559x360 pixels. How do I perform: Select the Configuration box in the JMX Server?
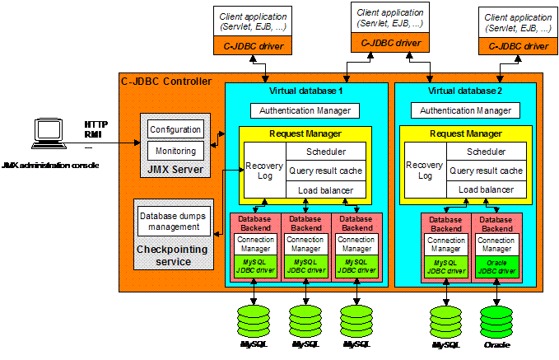[x=175, y=129]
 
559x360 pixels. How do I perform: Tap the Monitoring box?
[x=175, y=151]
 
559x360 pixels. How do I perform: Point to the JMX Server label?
[x=175, y=169]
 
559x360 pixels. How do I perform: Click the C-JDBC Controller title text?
[x=165, y=82]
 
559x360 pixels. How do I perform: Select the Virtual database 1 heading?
[x=306, y=90]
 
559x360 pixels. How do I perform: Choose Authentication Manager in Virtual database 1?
[x=305, y=110]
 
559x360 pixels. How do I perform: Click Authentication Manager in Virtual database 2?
[x=465, y=110]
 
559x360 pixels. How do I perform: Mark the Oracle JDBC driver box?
[x=496, y=265]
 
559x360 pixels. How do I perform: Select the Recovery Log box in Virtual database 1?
[x=263, y=171]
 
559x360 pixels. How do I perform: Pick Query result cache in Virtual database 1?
[x=325, y=171]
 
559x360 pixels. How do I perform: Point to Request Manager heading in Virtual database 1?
[x=305, y=133]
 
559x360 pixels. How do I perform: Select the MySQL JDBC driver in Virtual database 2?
[x=446, y=265]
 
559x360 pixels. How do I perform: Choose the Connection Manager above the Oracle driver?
[x=496, y=243]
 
